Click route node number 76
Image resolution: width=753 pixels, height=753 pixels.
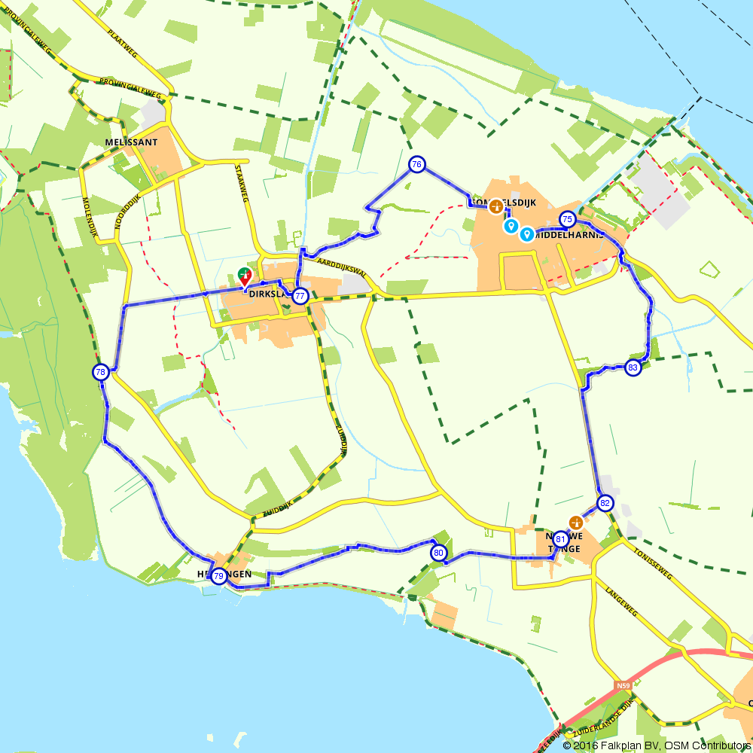click(x=416, y=164)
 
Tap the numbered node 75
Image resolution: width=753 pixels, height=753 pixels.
click(x=568, y=219)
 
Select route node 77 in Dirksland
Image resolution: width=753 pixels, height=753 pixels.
click(x=300, y=296)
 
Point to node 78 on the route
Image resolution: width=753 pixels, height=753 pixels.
click(x=101, y=372)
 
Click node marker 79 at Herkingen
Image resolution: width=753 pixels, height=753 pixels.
click(x=218, y=577)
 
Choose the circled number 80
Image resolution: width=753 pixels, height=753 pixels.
click(x=439, y=553)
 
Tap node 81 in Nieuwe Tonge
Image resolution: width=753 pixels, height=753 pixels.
click(x=560, y=539)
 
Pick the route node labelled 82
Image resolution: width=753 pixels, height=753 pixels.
click(x=605, y=503)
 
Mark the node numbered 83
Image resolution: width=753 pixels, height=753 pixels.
click(x=633, y=368)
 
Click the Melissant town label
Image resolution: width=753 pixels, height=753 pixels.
click(x=131, y=142)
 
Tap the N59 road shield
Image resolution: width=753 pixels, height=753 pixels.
click(x=622, y=685)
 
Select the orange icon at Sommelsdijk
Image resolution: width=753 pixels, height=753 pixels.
click(x=495, y=206)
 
